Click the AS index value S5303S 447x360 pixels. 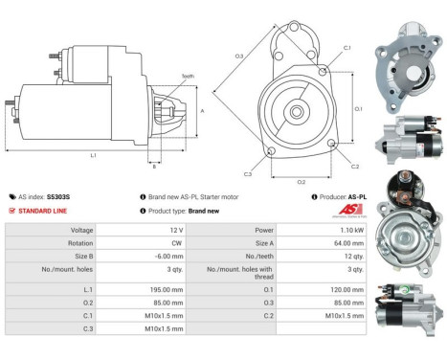59,196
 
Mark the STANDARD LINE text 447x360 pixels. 45,211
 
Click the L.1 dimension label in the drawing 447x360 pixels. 93,154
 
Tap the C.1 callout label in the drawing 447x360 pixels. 346,47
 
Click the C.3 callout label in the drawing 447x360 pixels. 247,173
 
